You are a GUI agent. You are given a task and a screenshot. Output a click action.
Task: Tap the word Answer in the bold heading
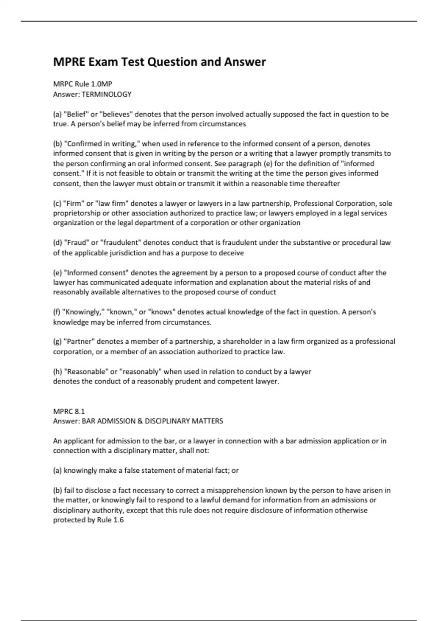pos(245,62)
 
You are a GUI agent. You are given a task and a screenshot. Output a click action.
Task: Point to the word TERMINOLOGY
pos(107,94)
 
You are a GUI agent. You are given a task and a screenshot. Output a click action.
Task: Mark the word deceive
pos(231,253)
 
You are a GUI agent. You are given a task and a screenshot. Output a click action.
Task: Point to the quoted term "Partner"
pos(79,342)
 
